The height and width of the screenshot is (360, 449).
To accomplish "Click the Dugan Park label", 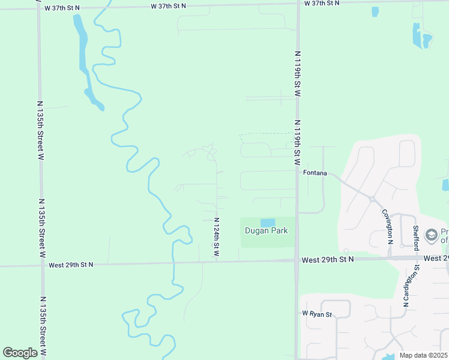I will (x=266, y=231).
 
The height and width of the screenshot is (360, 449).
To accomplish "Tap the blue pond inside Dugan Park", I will (x=267, y=223).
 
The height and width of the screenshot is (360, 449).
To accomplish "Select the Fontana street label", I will (x=315, y=173).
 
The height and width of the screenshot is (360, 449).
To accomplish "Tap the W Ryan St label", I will (x=317, y=314).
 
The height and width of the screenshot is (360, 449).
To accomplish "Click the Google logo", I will (x=20, y=353).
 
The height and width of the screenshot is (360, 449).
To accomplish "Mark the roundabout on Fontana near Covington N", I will (x=372, y=199).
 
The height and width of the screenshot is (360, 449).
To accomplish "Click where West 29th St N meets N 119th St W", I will (x=297, y=260).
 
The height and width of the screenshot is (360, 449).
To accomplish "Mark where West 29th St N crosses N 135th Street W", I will (x=42, y=265).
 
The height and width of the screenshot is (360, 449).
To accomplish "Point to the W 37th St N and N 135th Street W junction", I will (x=38, y=8).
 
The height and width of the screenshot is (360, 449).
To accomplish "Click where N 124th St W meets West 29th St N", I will (x=216, y=262).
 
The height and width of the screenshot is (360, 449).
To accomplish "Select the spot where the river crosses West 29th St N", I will (x=173, y=263).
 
